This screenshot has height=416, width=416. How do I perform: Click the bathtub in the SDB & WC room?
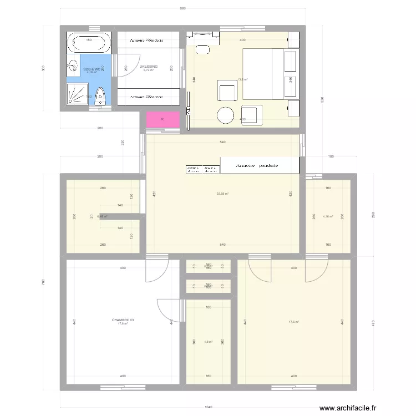(x=89, y=40)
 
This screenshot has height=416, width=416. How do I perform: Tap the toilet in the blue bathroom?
(x=100, y=96)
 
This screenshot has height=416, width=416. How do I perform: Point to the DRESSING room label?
(x=149, y=67)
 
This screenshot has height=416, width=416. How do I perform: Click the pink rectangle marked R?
(x=163, y=120)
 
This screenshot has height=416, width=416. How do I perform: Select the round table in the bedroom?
(x=226, y=115)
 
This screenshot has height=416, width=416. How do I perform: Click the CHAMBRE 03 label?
(x=123, y=320)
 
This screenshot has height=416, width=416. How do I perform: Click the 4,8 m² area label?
(x=208, y=342)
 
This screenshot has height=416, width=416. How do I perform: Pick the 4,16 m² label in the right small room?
(x=327, y=216)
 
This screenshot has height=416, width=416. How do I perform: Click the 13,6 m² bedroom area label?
(x=242, y=79)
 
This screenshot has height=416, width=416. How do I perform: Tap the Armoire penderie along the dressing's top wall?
(x=147, y=40)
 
